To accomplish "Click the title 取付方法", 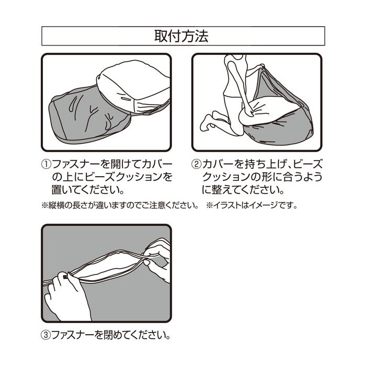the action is coord(181,36).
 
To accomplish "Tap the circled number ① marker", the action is coord(46,164).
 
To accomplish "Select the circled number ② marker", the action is coord(196,164).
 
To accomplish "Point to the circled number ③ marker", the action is coord(46,336).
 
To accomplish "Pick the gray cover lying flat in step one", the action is coord(89,115).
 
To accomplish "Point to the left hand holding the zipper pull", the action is coord(67,294).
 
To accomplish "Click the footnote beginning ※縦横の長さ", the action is coord(120,205).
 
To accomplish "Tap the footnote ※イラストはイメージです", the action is coord(251,205).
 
